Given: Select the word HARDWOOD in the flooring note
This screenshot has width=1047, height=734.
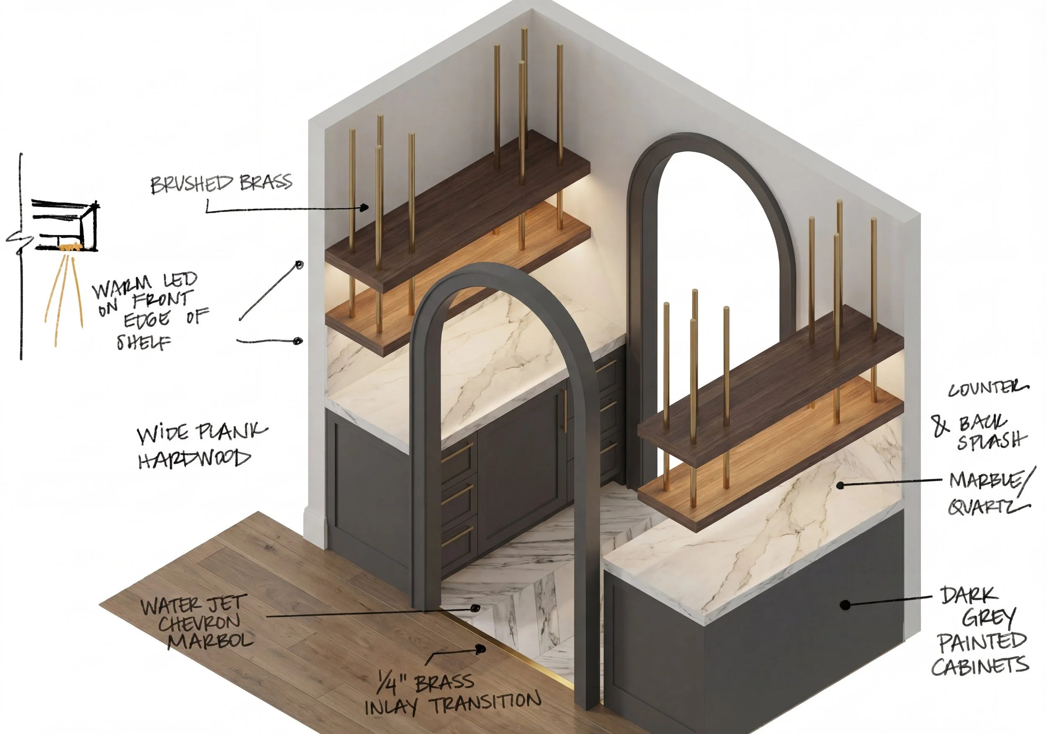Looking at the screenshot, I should [195, 458].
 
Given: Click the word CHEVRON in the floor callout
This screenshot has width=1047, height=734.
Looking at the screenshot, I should [199, 623].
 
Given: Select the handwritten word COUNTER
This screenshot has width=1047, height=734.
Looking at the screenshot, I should [988, 389].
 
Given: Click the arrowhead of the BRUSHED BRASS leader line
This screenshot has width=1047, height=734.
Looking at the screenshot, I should [364, 208].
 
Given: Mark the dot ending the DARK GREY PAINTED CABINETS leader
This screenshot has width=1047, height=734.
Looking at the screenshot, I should [845, 605].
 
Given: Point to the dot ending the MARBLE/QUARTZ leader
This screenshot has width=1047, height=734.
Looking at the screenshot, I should [840, 486].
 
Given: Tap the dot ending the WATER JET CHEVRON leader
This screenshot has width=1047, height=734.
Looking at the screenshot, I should [475, 608].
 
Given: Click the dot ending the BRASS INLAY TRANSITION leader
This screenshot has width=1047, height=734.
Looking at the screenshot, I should [480, 648].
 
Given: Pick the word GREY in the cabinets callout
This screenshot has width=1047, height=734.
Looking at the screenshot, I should [989, 618].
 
